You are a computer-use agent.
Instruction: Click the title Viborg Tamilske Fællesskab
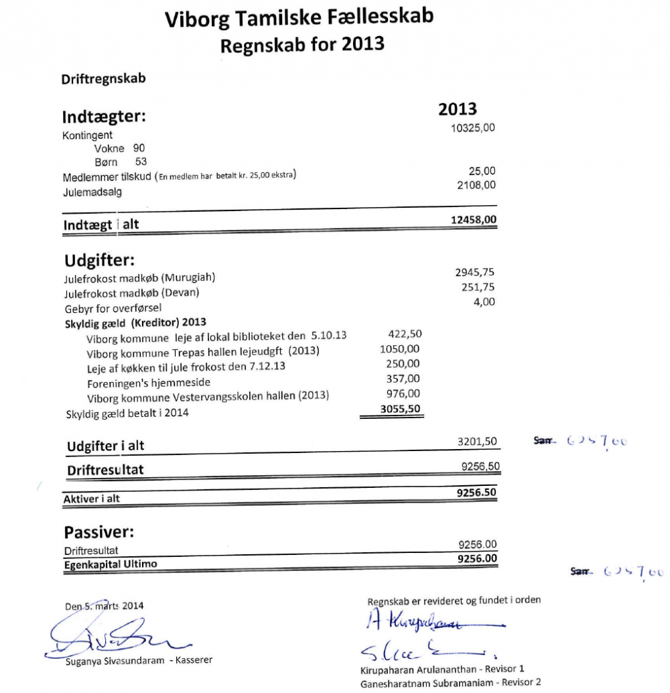tap(299, 18)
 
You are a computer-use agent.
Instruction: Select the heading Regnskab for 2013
tap(302, 45)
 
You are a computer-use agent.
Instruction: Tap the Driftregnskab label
tap(104, 78)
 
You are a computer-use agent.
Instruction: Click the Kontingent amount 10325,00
tap(473, 128)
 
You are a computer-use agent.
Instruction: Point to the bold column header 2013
tap(458, 109)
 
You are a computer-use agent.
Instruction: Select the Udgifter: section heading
tap(100, 259)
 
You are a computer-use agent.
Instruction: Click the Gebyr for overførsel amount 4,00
tap(484, 302)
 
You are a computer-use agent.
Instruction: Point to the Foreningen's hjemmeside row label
tap(149, 383)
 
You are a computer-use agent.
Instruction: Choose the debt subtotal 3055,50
tap(401, 408)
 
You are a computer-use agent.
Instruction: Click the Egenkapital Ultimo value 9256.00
tap(477, 558)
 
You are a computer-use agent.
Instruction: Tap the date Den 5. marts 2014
tap(104, 605)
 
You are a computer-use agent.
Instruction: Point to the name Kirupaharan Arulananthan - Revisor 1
tap(442, 670)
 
